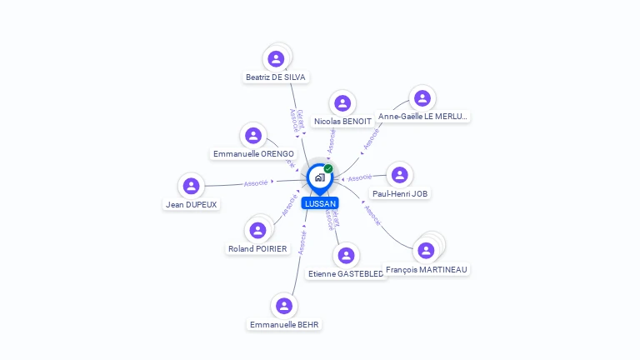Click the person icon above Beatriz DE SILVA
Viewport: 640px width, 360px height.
pos(276,59)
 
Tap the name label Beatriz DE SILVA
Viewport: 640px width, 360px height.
pos(276,77)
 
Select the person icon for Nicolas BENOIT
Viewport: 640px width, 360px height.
pos(342,103)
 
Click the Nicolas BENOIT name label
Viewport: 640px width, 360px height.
pos(342,122)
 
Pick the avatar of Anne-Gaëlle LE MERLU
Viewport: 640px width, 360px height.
pos(422,98)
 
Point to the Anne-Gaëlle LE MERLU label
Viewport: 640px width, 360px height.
pos(422,117)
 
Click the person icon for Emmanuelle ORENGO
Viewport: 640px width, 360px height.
pos(253,136)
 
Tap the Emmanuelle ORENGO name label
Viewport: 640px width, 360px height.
pos(253,154)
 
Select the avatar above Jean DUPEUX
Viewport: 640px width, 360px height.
pos(192,187)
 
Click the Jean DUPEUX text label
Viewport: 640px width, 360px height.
pos(192,205)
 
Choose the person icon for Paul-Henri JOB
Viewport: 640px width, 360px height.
pos(401,175)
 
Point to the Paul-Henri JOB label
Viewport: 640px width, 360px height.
pos(401,193)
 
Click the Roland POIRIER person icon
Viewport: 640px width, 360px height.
pos(257,231)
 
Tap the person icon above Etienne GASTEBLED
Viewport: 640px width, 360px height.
pos(346,256)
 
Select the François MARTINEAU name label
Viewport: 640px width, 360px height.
pos(427,270)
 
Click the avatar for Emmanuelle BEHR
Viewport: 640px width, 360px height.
pos(284,306)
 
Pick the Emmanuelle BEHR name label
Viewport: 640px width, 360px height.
pos(284,324)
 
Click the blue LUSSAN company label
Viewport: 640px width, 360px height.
pos(320,203)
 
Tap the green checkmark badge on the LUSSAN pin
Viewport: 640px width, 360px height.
pos(328,168)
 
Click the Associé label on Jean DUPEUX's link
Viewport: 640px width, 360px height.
pos(256,182)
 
